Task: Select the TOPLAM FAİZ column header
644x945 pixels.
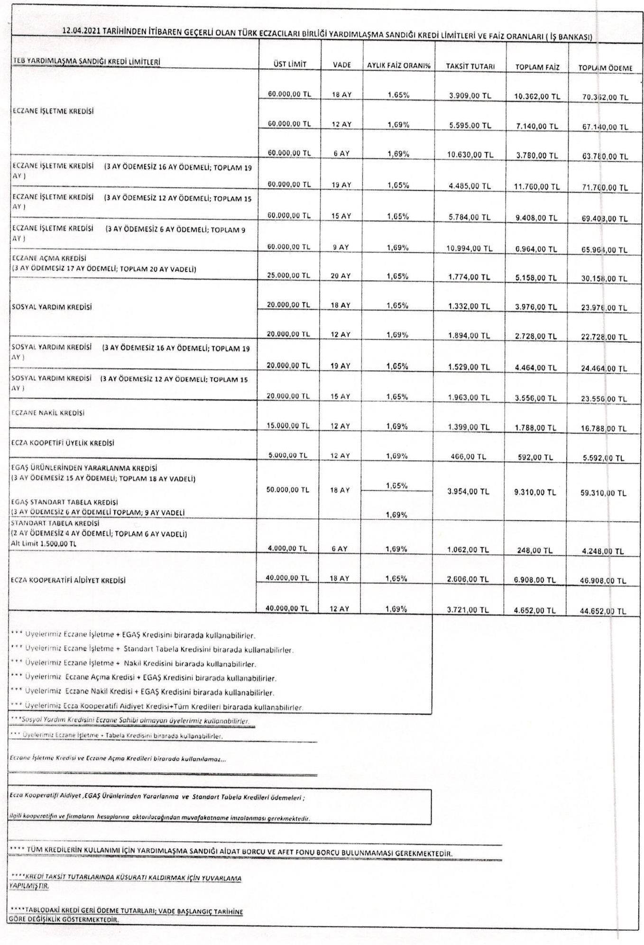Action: [x=537, y=67]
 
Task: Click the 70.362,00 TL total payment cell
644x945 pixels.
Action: [x=605, y=97]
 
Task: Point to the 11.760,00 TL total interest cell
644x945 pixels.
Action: [x=537, y=187]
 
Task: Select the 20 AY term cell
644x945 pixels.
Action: [x=340, y=275]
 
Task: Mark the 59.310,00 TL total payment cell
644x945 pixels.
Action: [x=603, y=493]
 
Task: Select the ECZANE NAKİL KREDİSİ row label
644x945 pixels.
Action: [x=48, y=413]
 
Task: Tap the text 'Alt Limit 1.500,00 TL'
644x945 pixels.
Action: [x=43, y=543]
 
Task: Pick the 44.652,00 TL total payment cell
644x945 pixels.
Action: [x=603, y=611]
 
